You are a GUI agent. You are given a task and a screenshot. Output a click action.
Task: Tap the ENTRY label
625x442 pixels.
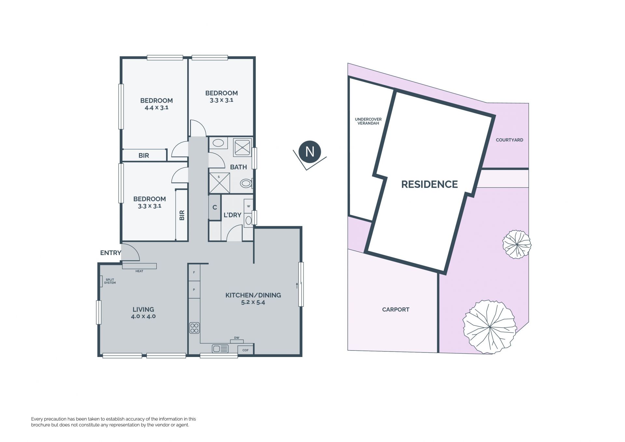110,253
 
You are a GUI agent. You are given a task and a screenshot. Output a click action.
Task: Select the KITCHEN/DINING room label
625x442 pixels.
253,295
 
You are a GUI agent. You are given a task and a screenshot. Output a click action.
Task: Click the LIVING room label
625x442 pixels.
143,309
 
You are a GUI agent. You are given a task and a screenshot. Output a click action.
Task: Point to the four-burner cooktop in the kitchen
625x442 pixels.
194,328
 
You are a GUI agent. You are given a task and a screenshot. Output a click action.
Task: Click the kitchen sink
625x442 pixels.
220,349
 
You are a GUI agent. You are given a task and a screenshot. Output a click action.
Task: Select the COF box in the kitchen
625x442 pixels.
245,350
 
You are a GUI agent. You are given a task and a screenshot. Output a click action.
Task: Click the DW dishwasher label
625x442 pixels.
237,338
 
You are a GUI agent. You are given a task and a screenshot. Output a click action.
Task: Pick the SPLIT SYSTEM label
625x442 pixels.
110,281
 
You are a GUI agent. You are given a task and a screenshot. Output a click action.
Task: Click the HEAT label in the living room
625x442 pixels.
139,271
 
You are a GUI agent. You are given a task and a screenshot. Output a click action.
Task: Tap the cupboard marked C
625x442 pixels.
215,207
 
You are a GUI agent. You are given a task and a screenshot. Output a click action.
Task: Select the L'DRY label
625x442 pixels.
232,215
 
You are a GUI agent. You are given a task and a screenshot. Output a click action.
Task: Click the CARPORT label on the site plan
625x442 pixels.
396,309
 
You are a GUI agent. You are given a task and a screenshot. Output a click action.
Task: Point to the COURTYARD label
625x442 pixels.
509,140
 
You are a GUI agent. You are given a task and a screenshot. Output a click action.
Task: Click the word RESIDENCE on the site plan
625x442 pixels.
429,184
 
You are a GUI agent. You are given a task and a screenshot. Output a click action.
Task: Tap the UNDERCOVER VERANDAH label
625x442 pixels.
368,121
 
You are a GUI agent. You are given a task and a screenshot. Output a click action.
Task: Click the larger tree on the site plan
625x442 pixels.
489,327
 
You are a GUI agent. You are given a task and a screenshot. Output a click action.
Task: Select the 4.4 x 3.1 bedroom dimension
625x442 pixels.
156,107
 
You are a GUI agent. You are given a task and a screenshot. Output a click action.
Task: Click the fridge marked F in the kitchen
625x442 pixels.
194,272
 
